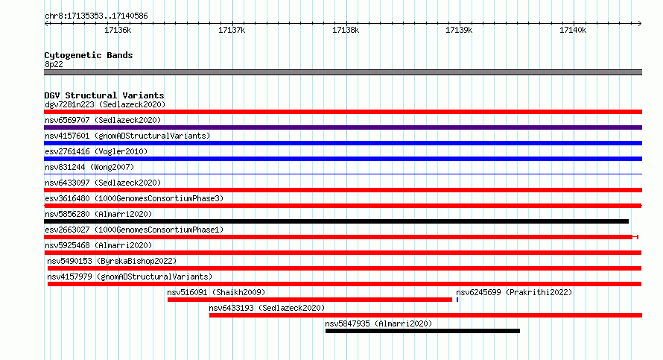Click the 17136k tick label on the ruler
click(x=118, y=30)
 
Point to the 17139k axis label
click(x=459, y=30)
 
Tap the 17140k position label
click(x=573, y=30)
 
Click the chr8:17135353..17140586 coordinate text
click(x=96, y=16)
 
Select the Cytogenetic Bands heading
click(x=89, y=55)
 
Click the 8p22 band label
click(x=54, y=64)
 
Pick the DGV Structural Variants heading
click(x=104, y=95)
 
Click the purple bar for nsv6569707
click(x=343, y=127)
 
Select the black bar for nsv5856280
click(x=336, y=221)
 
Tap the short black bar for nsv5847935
click(x=422, y=331)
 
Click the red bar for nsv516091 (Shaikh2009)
click(x=309, y=300)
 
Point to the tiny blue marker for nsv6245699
click(x=457, y=300)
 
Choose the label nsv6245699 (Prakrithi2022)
click(x=514, y=292)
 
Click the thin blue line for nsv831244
click(x=343, y=174)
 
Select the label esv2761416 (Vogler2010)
click(x=96, y=151)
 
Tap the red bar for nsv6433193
click(x=426, y=315)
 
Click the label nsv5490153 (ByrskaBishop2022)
click(x=112, y=261)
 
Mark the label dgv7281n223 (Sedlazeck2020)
click(x=105, y=104)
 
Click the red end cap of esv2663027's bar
click(x=635, y=237)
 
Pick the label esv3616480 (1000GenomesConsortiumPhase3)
click(x=134, y=198)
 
